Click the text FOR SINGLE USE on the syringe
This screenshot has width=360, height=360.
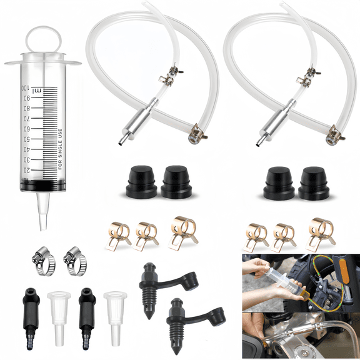(x=60, y=149)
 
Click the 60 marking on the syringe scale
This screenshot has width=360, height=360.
(x=27, y=129)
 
